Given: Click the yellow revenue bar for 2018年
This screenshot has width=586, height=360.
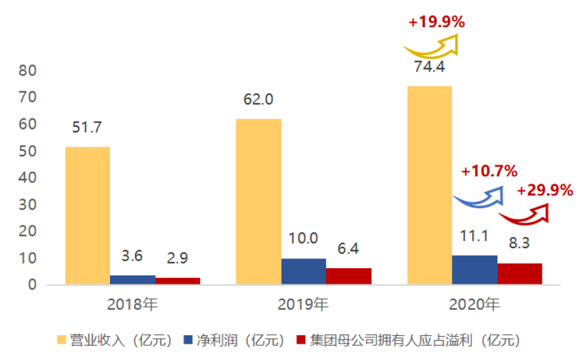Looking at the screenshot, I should click(x=88, y=215).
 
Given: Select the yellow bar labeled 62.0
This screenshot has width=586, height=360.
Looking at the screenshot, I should click(x=258, y=202).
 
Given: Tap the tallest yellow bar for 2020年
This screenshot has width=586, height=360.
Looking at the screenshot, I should click(x=429, y=186).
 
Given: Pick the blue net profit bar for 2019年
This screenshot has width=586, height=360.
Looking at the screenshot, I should click(x=303, y=271).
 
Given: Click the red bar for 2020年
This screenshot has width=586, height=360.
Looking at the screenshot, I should click(x=520, y=274).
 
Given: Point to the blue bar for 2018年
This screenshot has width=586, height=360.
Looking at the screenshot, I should click(x=133, y=280).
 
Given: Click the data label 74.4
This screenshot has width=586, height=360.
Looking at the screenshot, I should click(x=429, y=66).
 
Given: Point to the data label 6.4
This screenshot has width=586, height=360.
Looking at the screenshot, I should click(x=348, y=248).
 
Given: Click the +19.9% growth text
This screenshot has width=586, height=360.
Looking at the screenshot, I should click(x=436, y=22).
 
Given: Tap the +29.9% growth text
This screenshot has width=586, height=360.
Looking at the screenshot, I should click(x=544, y=191).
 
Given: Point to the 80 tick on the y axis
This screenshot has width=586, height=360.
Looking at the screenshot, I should click(x=29, y=70).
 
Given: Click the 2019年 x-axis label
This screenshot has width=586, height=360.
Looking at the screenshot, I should click(x=303, y=304).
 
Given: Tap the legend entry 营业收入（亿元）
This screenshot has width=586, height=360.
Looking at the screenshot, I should click(x=115, y=340).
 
